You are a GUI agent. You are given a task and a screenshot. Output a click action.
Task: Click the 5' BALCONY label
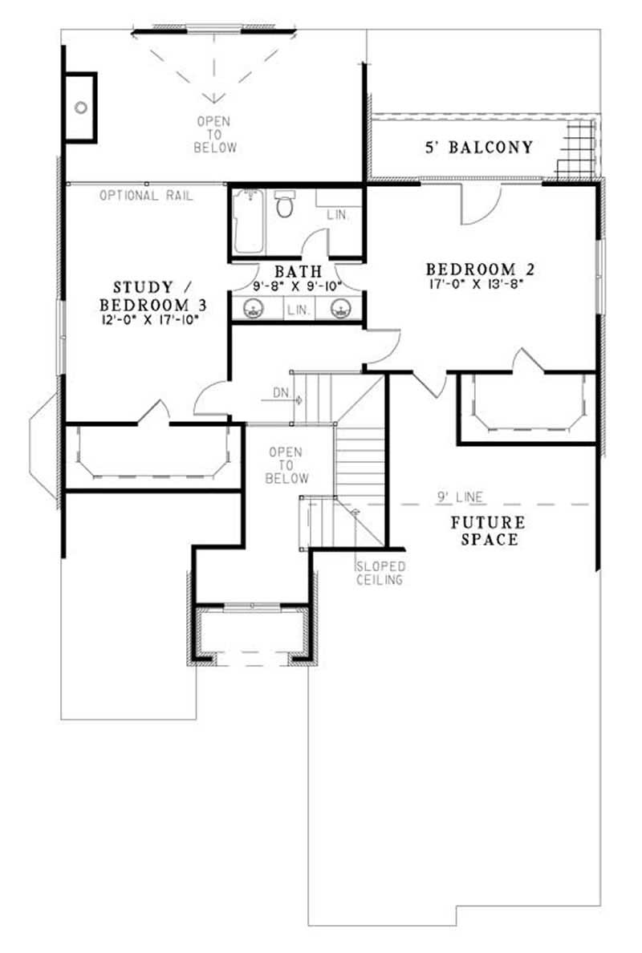coord(478,148)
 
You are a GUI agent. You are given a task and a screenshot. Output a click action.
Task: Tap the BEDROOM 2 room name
coord(480,269)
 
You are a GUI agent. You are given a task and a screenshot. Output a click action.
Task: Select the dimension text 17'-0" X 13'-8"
coord(480,283)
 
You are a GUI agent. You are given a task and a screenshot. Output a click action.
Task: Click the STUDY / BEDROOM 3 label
coord(142,296)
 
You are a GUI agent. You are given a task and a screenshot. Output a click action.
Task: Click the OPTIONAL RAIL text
coord(147,196)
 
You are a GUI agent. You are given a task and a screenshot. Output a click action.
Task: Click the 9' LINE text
coord(460,497)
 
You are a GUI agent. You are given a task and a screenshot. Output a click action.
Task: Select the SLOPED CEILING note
coord(380,573)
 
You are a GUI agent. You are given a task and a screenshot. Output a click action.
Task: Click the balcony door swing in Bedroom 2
coord(480,207)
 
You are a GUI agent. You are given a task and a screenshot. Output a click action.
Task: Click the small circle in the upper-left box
coord(80,107)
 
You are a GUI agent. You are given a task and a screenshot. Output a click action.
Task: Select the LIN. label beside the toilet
coord(336,215)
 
